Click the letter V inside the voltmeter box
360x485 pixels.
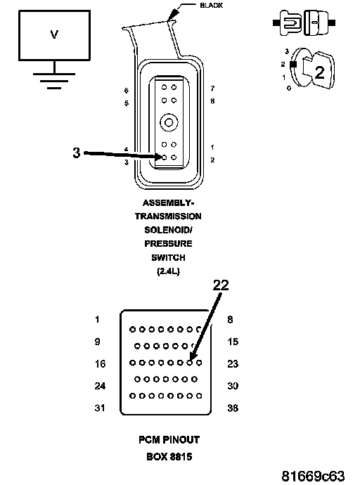[54, 34]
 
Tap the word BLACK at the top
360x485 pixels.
[211, 5]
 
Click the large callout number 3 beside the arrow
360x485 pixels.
[77, 153]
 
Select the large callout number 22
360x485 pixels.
[221, 285]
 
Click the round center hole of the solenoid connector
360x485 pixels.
[169, 123]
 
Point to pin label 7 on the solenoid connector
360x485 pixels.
[212, 89]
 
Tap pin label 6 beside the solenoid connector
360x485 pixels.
[126, 91]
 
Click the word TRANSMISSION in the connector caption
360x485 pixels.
[168, 216]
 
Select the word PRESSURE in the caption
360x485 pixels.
[168, 244]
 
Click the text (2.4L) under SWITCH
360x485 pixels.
[168, 271]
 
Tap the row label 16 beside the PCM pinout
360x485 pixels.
[101, 364]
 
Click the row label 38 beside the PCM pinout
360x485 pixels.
[233, 408]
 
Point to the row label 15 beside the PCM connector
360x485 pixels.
[233, 342]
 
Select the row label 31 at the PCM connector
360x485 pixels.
[100, 408]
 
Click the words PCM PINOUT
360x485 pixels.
[169, 440]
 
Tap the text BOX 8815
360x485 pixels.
[169, 457]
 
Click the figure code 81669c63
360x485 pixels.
[313, 476]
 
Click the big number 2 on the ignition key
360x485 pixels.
[319, 72]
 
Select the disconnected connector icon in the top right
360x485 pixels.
[304, 22]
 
